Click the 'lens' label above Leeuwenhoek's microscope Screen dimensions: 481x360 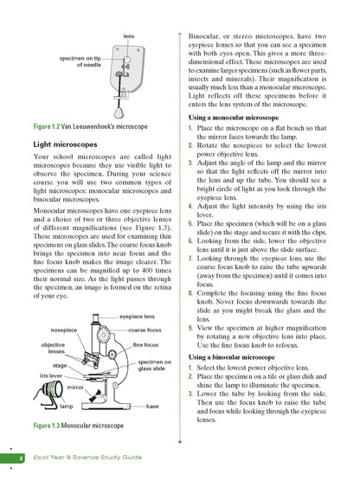point(128,36)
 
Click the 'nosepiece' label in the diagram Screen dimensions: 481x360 point(65,330)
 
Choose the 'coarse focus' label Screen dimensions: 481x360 point(145,330)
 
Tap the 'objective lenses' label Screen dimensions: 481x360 point(54,349)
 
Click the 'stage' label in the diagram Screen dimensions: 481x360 point(61,366)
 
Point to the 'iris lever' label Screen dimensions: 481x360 point(49,377)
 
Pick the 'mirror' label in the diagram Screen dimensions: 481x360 point(75,388)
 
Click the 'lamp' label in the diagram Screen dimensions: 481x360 point(65,405)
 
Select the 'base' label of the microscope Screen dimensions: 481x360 point(152,405)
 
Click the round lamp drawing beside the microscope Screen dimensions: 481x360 point(41,397)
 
